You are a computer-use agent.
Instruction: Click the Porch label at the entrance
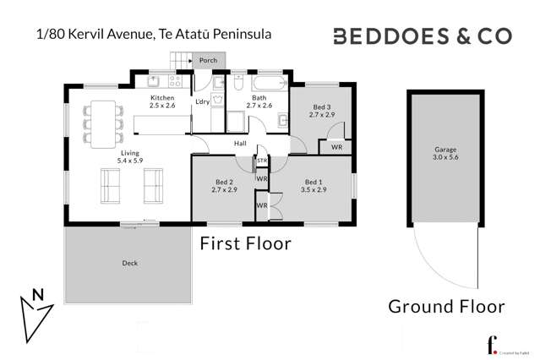coord(207,61)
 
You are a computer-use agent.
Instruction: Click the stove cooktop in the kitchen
coord(177,82)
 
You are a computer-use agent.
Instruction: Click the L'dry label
coord(202,102)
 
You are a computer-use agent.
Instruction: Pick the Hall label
coord(241,144)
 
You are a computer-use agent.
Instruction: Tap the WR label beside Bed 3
coord(335,147)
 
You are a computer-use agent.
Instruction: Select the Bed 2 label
coord(223,183)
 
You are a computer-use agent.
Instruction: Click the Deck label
coord(129,263)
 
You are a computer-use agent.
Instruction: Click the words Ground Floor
coord(446,306)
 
